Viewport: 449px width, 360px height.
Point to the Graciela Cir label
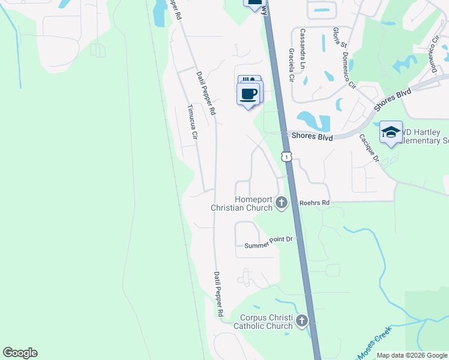pyautogui.click(x=291, y=65)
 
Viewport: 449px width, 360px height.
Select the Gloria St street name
pyautogui.click(x=339, y=37)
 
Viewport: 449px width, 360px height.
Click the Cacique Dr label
pyautogui.click(x=368, y=147)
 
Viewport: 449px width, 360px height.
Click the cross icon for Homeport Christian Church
pyautogui.click(x=281, y=203)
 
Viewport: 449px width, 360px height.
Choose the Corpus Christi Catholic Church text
pyautogui.click(x=266, y=322)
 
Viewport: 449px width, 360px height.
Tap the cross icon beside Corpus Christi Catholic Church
pyautogui.click(x=302, y=321)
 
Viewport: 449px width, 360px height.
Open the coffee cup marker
pyautogui.click(x=249, y=94)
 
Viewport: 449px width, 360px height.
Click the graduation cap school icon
pyautogui.click(x=391, y=132)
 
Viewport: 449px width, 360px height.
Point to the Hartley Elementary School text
pyautogui.click(x=426, y=136)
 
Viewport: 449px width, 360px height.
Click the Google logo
pyautogui.click(x=20, y=353)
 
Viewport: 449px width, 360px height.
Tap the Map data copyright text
pyautogui.click(x=412, y=355)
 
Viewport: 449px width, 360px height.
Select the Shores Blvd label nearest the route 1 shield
pyautogui.click(x=312, y=136)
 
